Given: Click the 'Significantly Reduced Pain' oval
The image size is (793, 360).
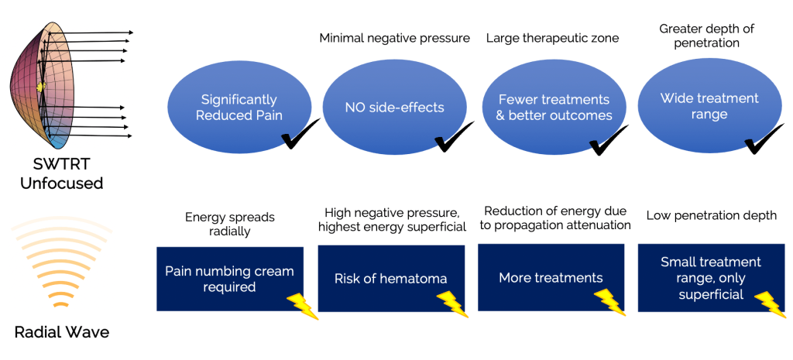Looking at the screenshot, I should pyautogui.click(x=238, y=108).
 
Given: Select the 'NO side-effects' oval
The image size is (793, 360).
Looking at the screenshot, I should pyautogui.click(x=394, y=108).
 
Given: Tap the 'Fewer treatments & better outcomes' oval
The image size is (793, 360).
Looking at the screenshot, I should pyautogui.click(x=554, y=108).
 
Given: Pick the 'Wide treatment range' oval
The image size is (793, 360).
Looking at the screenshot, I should pyautogui.click(x=709, y=107).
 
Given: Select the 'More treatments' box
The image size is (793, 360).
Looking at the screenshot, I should pyautogui.click(x=550, y=277).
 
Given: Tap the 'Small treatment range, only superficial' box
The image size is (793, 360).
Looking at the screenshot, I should pyautogui.click(x=710, y=278).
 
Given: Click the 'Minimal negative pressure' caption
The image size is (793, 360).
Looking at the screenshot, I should pyautogui.click(x=394, y=38).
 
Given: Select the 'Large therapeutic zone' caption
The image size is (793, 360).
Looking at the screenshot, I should pyautogui.click(x=552, y=38).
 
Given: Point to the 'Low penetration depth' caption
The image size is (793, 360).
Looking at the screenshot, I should pyautogui.click(x=711, y=215).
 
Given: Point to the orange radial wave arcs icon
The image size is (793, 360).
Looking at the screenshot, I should pyautogui.click(x=60, y=263).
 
